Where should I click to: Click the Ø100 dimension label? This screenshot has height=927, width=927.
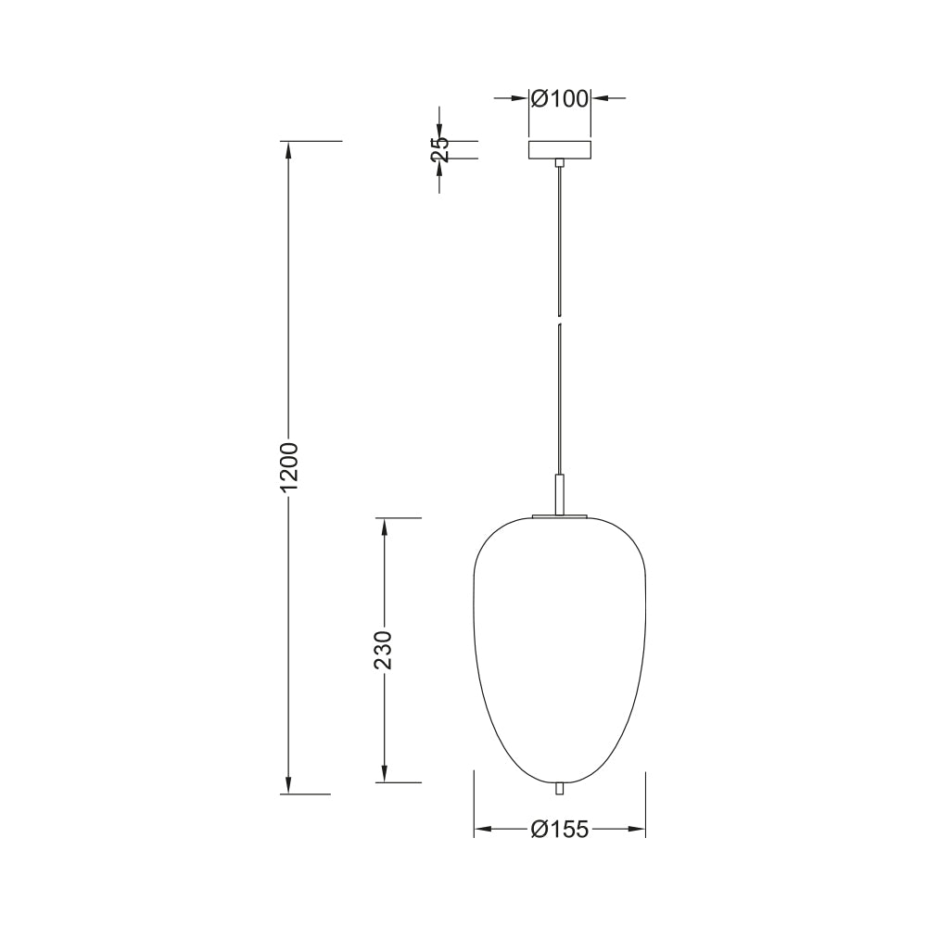560,99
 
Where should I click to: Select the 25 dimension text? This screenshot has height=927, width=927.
439,149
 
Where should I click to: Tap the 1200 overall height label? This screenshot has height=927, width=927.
289,466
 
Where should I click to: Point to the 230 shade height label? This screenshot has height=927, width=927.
384,650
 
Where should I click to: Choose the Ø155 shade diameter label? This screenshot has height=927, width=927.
560,830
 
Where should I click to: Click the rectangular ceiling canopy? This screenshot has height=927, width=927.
559,149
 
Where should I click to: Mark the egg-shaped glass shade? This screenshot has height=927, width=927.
559,650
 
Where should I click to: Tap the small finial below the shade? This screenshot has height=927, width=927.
559,789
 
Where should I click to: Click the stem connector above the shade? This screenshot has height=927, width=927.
559,494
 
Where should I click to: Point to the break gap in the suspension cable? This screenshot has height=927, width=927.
559,319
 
